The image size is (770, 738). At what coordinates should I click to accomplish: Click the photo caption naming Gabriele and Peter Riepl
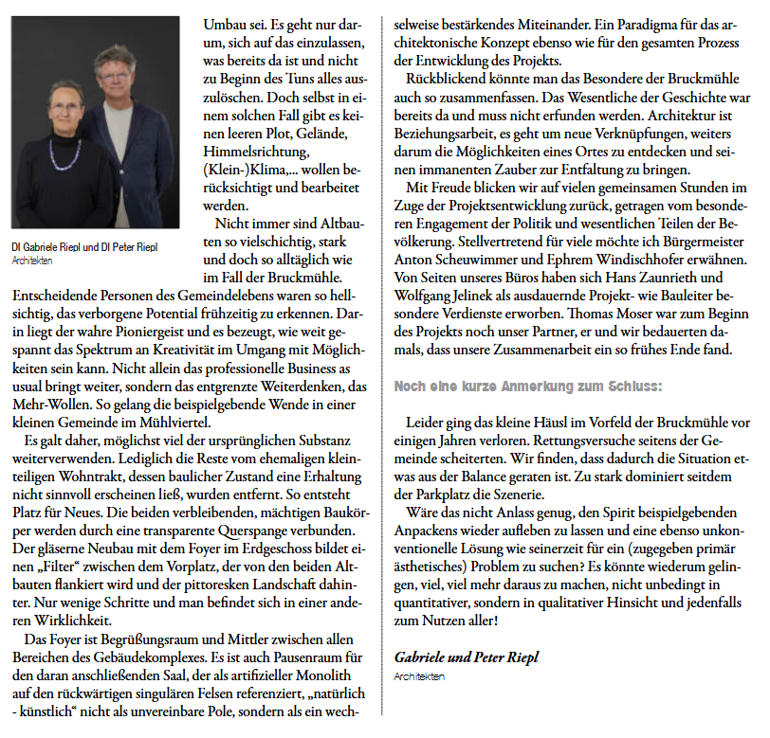85,247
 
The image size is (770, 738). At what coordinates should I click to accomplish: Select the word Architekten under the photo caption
32,259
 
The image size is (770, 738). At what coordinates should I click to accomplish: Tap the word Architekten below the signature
418,676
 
